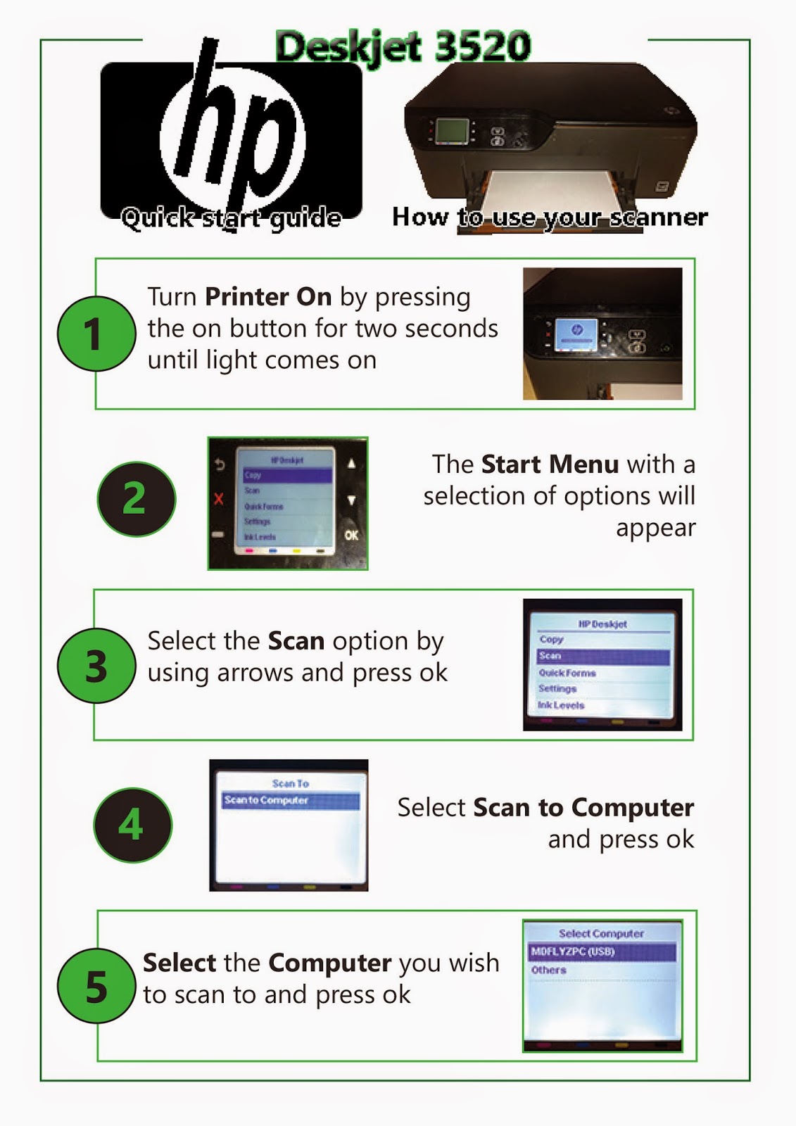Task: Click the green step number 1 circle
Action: click(x=96, y=333)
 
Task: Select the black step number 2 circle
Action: click(x=135, y=499)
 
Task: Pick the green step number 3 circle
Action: click(x=96, y=666)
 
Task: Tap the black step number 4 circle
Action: click(x=132, y=825)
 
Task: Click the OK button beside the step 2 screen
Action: click(x=351, y=535)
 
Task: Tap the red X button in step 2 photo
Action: click(x=219, y=499)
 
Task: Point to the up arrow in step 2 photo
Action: click(x=351, y=464)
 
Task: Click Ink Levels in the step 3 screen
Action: click(x=562, y=705)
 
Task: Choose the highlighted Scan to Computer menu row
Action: click(x=290, y=800)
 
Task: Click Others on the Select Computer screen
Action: click(x=549, y=970)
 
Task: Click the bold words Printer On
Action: click(x=268, y=297)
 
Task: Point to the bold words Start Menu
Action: click(x=550, y=464)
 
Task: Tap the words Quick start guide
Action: click(x=231, y=218)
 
